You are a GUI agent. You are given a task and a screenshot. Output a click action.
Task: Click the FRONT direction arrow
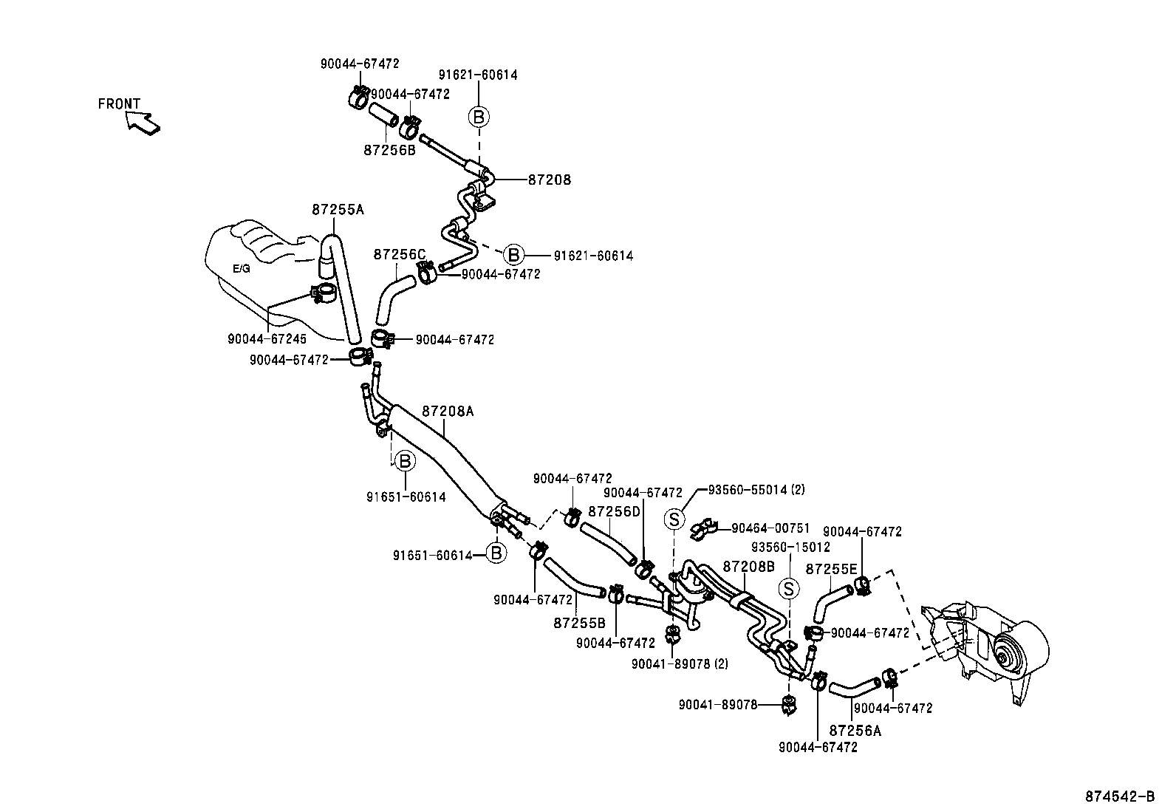coord(143,123)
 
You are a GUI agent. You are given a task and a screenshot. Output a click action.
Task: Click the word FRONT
coord(119,104)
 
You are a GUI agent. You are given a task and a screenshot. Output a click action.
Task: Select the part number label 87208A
coord(448,412)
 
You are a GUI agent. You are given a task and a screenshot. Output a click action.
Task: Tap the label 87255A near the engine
coord(338,210)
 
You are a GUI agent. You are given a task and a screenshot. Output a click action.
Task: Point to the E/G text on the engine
coord(242,269)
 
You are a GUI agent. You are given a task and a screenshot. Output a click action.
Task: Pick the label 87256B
coord(389,150)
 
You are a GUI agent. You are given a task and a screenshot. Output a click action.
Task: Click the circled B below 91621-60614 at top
coord(478,117)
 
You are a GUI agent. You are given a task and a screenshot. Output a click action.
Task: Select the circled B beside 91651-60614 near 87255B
coord(496,553)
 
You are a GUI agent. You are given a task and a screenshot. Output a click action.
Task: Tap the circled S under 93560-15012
coord(789,589)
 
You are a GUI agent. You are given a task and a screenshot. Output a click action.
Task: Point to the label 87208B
coord(748,567)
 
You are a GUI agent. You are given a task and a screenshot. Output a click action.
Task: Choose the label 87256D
coord(614,511)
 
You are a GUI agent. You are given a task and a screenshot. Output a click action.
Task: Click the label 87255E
coord(831,569)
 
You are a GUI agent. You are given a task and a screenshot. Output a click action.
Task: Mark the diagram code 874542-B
coord(1120,796)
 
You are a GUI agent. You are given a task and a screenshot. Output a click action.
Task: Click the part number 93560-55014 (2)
coord(756,489)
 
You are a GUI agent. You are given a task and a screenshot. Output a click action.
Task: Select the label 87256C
coord(400,254)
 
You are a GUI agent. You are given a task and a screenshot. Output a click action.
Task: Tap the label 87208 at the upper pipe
coord(550,180)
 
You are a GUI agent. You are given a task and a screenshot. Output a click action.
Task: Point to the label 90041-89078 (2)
coord(679,663)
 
